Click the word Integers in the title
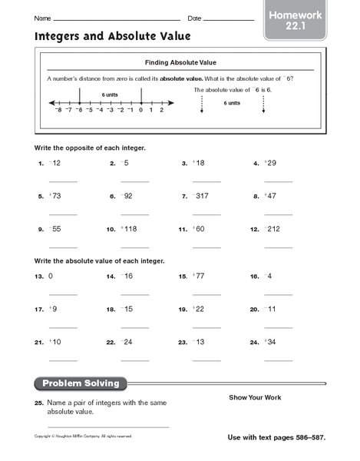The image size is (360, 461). click(x=53, y=35)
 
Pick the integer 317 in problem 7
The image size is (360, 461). click(x=203, y=196)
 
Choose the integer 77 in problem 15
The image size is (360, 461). click(x=200, y=275)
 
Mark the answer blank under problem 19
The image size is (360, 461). click(x=206, y=326)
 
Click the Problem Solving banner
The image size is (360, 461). click(x=81, y=383)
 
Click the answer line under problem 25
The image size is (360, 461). click(x=108, y=426)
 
